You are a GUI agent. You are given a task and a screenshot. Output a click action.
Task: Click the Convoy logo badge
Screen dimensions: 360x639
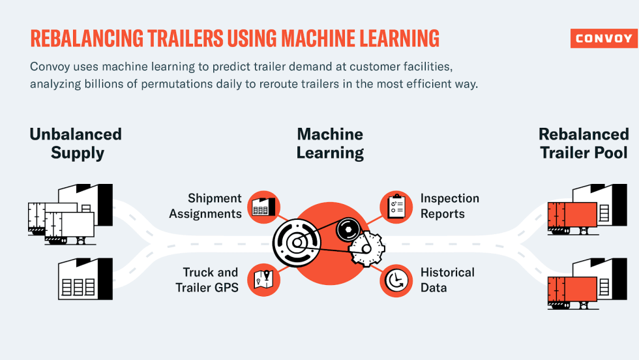coord(603,38)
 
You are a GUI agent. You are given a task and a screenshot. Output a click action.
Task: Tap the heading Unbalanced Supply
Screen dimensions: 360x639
coord(76,143)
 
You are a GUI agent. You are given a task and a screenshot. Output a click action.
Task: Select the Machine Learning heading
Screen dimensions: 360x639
coord(330,143)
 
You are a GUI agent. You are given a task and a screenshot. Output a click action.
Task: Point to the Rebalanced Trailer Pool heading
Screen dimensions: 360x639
coord(584,143)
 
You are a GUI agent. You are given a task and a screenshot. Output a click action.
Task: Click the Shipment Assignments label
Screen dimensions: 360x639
coord(205,205)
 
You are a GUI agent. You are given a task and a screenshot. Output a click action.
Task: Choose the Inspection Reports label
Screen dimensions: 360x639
coord(450,205)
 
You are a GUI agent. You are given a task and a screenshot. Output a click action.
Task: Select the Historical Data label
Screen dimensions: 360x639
coord(447,279)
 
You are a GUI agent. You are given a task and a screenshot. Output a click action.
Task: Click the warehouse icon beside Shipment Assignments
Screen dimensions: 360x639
coord(264,206)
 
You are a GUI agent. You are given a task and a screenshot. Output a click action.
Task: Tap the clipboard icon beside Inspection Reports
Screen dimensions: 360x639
coord(396,206)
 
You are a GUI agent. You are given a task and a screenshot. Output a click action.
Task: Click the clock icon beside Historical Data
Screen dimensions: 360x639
coord(396,280)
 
